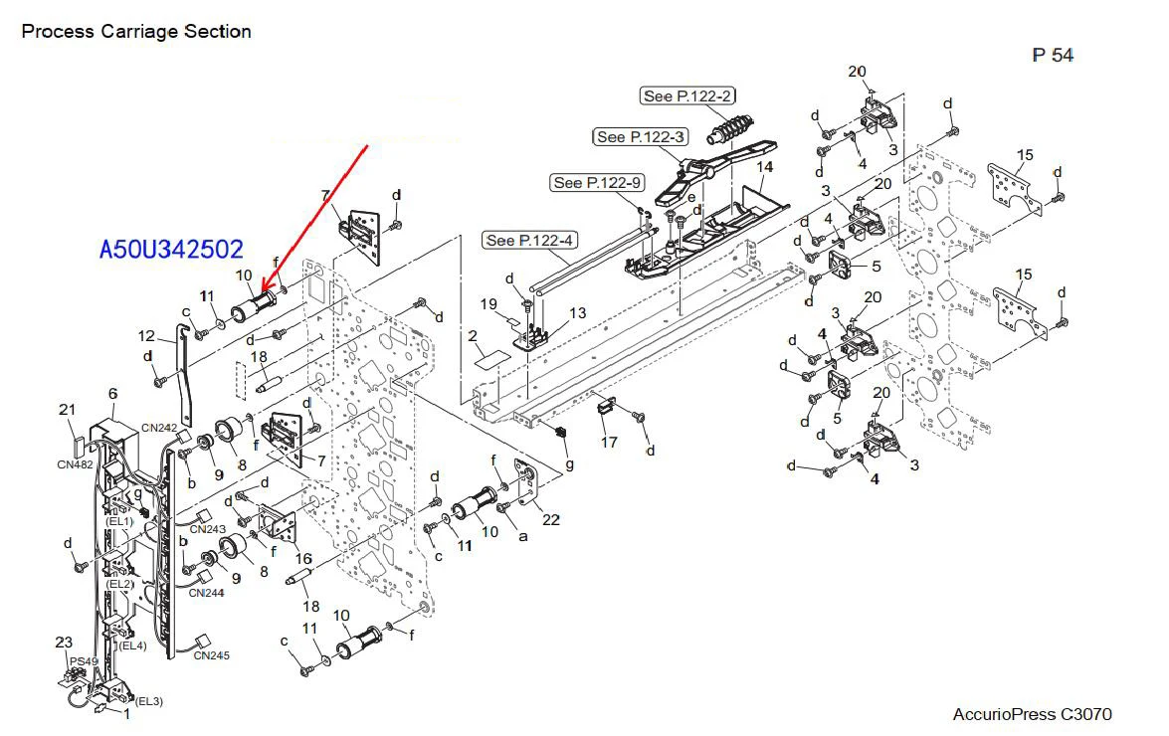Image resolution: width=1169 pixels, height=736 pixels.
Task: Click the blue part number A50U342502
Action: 171,249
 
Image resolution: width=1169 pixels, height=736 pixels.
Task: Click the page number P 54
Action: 1053,55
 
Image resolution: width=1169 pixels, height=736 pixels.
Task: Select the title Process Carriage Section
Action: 136,31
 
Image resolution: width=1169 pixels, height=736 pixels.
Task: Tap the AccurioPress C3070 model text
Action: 1033,714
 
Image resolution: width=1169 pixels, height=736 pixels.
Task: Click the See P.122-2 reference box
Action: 687,96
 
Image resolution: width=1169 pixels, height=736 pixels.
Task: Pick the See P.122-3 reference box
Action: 641,137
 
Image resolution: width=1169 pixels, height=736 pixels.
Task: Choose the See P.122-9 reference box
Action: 596,183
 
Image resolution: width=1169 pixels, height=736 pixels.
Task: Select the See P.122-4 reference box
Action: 529,240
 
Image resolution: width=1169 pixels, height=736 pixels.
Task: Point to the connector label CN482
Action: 76,464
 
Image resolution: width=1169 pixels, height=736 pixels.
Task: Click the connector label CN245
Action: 212,655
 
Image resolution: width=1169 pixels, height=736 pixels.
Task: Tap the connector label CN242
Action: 159,428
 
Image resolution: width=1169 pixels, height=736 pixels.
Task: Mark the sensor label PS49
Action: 84,661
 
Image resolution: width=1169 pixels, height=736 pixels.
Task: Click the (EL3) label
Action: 148,701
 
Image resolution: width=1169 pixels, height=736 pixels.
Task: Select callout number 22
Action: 551,520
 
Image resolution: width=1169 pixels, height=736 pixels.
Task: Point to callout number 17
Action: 609,443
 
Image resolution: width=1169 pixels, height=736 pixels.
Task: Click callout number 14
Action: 765,167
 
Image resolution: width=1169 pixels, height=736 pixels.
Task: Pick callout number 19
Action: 488,304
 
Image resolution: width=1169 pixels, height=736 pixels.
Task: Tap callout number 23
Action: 64,643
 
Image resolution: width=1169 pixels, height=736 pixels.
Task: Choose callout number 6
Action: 112,393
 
